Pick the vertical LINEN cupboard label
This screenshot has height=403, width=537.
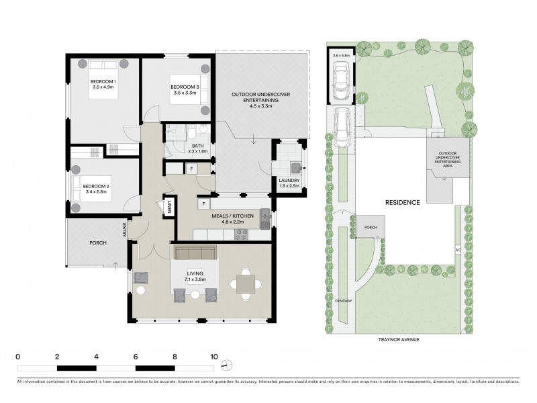pyautogui.click(x=170, y=208)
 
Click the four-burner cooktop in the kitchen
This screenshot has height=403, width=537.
pyautogui.click(x=240, y=234)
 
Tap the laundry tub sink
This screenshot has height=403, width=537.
pyautogui.click(x=294, y=167)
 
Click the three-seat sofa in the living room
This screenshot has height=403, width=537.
pyautogui.click(x=195, y=253)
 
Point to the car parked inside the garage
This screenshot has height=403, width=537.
pyautogui.click(x=340, y=79)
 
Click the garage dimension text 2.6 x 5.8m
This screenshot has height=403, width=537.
pyautogui.click(x=340, y=55)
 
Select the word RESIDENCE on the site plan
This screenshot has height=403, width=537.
pyautogui.click(x=402, y=202)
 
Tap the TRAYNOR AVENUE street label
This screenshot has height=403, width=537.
pyautogui.click(x=399, y=340)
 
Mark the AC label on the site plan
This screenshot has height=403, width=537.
pyautogui.click(x=457, y=250)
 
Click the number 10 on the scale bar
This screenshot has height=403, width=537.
pyautogui.click(x=214, y=356)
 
